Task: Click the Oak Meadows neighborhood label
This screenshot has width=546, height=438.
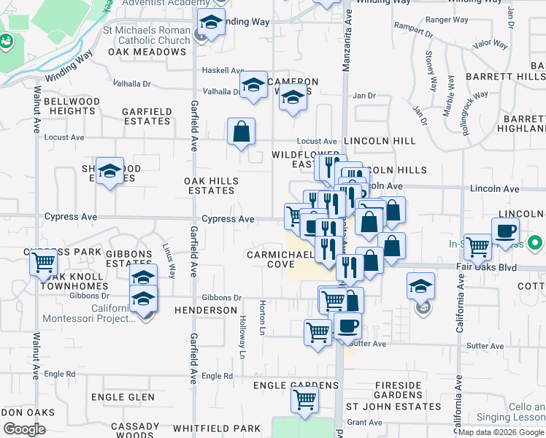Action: (147, 53)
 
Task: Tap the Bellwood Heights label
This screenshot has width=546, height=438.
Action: (72, 106)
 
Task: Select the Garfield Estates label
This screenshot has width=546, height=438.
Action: (147, 117)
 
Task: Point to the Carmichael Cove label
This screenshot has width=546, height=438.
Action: (280, 260)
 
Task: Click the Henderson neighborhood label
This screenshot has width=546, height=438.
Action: (206, 310)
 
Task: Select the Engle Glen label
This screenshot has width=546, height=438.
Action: (123, 397)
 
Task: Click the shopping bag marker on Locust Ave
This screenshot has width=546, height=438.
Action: (241, 132)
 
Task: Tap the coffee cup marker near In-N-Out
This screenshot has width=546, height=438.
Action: (505, 231)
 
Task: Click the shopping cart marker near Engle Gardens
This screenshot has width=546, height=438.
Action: (304, 399)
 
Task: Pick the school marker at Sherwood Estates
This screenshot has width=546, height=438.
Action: (109, 171)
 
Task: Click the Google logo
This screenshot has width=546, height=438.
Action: (24, 429)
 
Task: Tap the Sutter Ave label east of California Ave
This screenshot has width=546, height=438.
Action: (485, 346)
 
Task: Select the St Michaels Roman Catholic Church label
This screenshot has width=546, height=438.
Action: (147, 36)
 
